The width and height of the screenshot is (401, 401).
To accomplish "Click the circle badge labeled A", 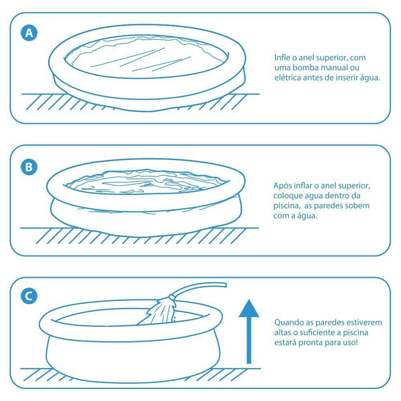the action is [29, 33].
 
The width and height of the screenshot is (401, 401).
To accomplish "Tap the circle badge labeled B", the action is [29, 167].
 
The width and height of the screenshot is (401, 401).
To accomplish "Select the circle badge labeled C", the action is [29, 296].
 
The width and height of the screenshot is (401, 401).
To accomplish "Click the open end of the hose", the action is [225, 285].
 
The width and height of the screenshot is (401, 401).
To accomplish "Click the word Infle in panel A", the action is [282, 58].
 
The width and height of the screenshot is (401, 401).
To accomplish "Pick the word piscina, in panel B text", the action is [286, 206].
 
